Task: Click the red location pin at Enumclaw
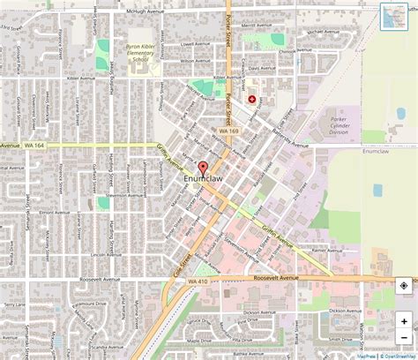click(x=202, y=169)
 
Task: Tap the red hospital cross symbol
click(x=251, y=101)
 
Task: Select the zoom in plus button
click(x=404, y=321)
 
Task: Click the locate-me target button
click(x=403, y=285)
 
